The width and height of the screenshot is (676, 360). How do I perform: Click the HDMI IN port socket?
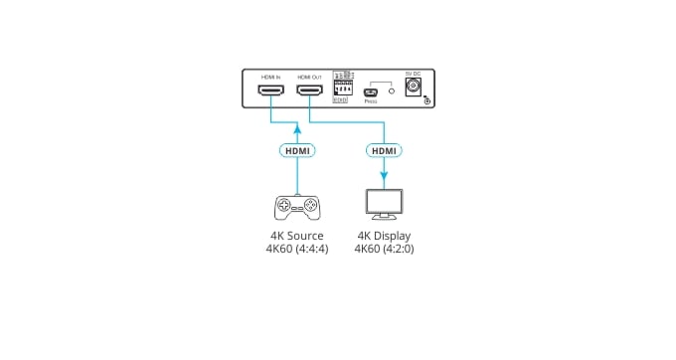270,92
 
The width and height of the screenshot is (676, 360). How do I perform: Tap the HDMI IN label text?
270,76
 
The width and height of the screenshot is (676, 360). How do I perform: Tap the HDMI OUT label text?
310,76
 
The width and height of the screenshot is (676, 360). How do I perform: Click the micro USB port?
370,92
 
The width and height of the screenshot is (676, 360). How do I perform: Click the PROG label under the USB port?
370,101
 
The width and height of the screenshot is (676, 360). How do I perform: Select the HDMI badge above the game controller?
296,150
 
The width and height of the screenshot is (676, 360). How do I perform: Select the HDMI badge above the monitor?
384,150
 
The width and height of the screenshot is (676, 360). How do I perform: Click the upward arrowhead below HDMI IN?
296,127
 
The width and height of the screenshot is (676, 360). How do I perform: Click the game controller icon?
296,207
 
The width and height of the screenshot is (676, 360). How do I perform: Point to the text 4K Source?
296,236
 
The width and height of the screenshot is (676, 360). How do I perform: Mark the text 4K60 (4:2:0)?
384,249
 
